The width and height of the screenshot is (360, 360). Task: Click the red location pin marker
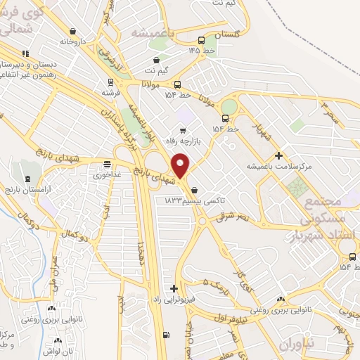click(181, 165)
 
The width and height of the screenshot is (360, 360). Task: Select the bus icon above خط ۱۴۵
click(202, 40)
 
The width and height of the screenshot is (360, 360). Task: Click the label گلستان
click(226, 34)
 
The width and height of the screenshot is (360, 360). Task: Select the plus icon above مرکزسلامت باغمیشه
click(279, 155)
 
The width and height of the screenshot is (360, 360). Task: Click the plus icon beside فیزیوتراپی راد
click(174, 288)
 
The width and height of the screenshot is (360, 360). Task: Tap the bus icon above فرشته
click(99, 81)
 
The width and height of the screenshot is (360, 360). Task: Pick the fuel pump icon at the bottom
click(165, 335)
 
